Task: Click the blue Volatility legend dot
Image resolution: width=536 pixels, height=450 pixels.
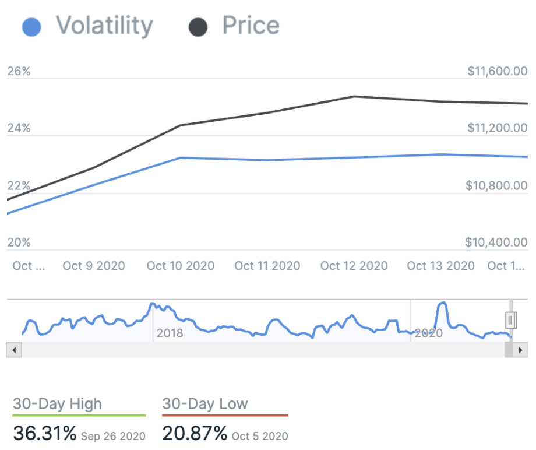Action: point(31,27)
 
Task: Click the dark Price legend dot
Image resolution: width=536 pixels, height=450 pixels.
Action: point(199,27)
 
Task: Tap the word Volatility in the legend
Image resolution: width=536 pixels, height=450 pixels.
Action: point(104,26)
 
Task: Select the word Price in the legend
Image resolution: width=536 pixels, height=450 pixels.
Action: point(251,26)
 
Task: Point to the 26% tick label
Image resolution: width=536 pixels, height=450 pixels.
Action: point(19,71)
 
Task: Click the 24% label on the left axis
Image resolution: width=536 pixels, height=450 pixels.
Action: point(19,128)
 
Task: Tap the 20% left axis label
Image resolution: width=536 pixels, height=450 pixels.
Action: point(19,242)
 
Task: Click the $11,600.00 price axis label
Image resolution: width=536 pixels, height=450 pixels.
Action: point(497,71)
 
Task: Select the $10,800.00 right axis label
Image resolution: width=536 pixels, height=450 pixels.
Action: point(497,186)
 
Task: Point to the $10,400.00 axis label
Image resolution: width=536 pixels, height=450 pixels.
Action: point(497,242)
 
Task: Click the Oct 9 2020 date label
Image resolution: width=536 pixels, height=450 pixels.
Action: point(94,266)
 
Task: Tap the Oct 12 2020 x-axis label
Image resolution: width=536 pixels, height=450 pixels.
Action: point(354,266)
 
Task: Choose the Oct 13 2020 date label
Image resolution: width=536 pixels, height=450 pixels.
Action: point(440,266)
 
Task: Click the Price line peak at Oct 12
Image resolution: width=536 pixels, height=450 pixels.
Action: point(354,96)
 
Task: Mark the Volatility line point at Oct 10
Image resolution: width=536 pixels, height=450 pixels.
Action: point(181,157)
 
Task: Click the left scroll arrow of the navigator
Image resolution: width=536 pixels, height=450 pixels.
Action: point(14,350)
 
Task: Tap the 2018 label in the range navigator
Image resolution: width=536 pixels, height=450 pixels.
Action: point(170,333)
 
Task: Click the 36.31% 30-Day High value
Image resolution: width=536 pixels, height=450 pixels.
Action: point(44,434)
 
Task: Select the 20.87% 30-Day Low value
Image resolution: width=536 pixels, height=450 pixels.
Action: point(195,434)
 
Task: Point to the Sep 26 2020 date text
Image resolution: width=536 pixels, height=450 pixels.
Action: point(113,435)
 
